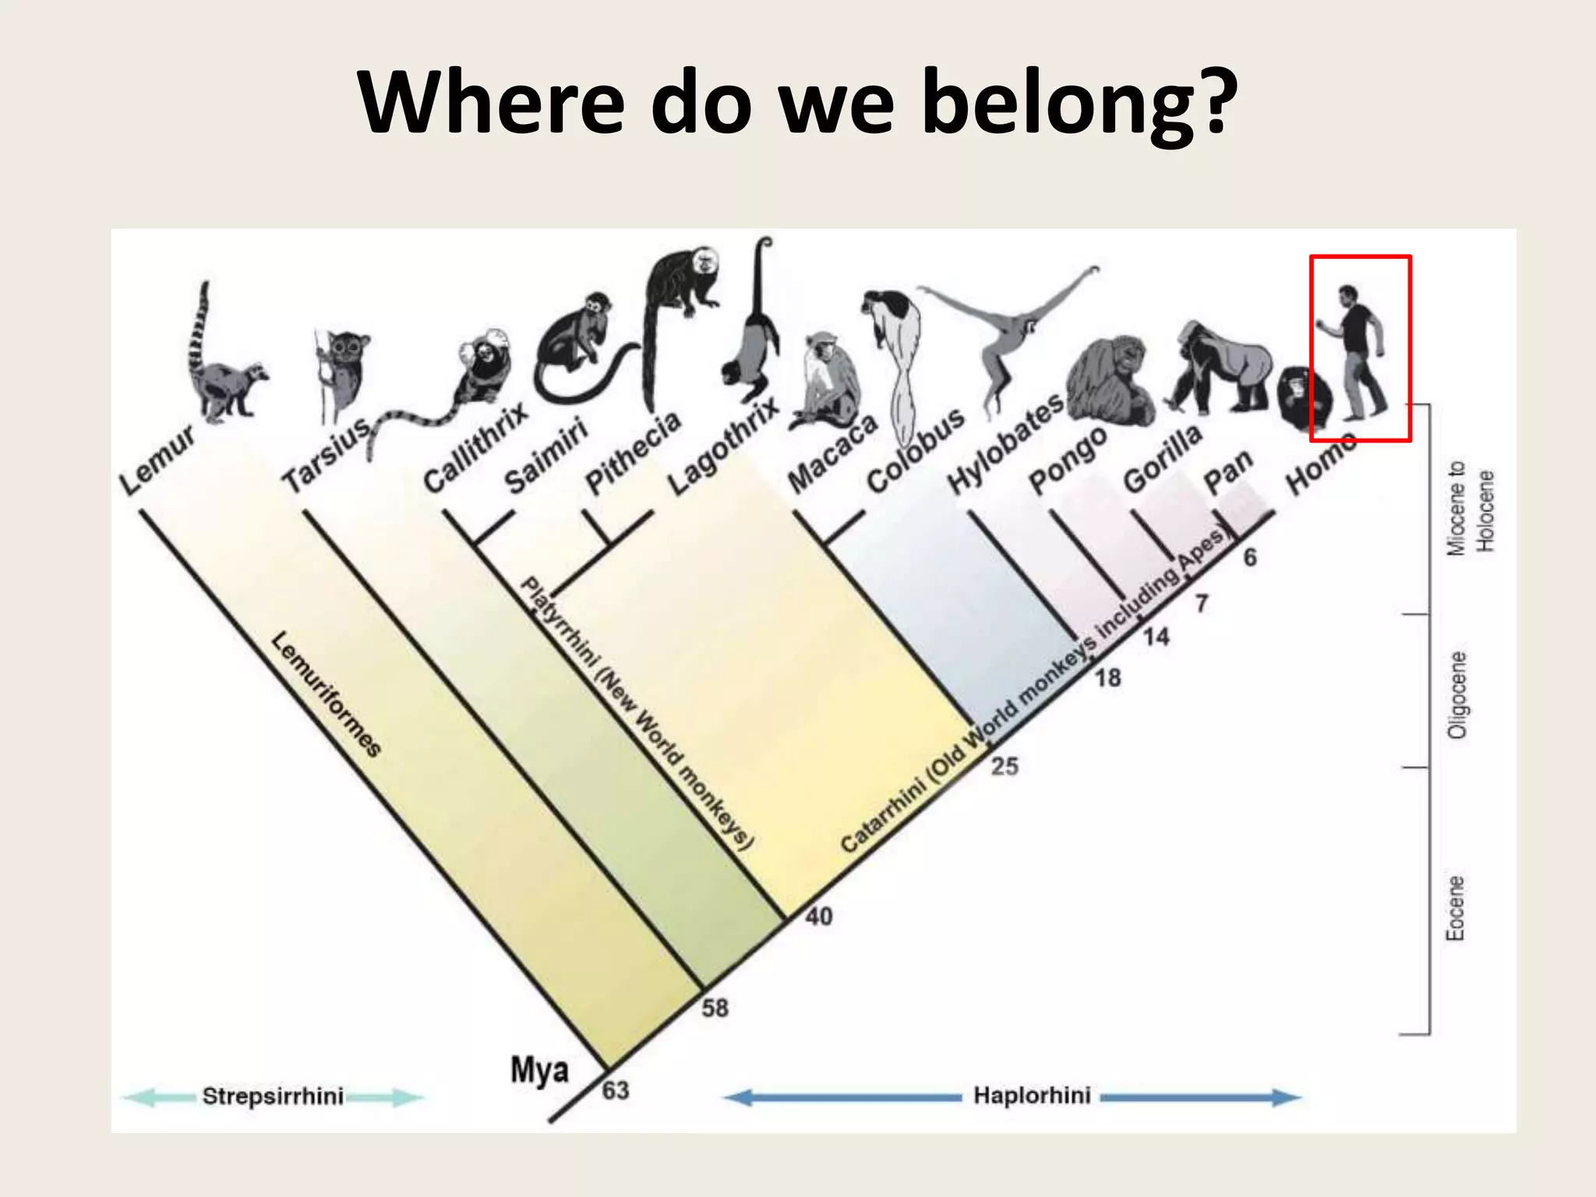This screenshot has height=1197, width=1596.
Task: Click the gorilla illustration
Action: coord(1223,366)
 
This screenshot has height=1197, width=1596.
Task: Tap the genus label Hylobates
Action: coord(1005,444)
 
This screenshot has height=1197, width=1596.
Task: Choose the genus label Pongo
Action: coord(1068,460)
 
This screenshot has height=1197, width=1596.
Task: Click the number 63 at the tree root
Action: coord(616,1089)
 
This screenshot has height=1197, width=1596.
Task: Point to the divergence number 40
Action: coord(818,916)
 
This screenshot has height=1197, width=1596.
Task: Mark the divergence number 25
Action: coord(1005,766)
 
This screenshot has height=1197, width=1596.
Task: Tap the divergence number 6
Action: coord(1250,556)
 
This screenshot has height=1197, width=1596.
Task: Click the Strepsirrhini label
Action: coord(273,1096)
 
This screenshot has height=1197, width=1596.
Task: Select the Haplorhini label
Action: coord(1032,1096)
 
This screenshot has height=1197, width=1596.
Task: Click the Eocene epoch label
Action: coord(1456,908)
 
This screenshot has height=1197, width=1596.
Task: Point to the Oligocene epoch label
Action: coord(1456,694)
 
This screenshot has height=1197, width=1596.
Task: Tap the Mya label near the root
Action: coord(539,1069)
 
